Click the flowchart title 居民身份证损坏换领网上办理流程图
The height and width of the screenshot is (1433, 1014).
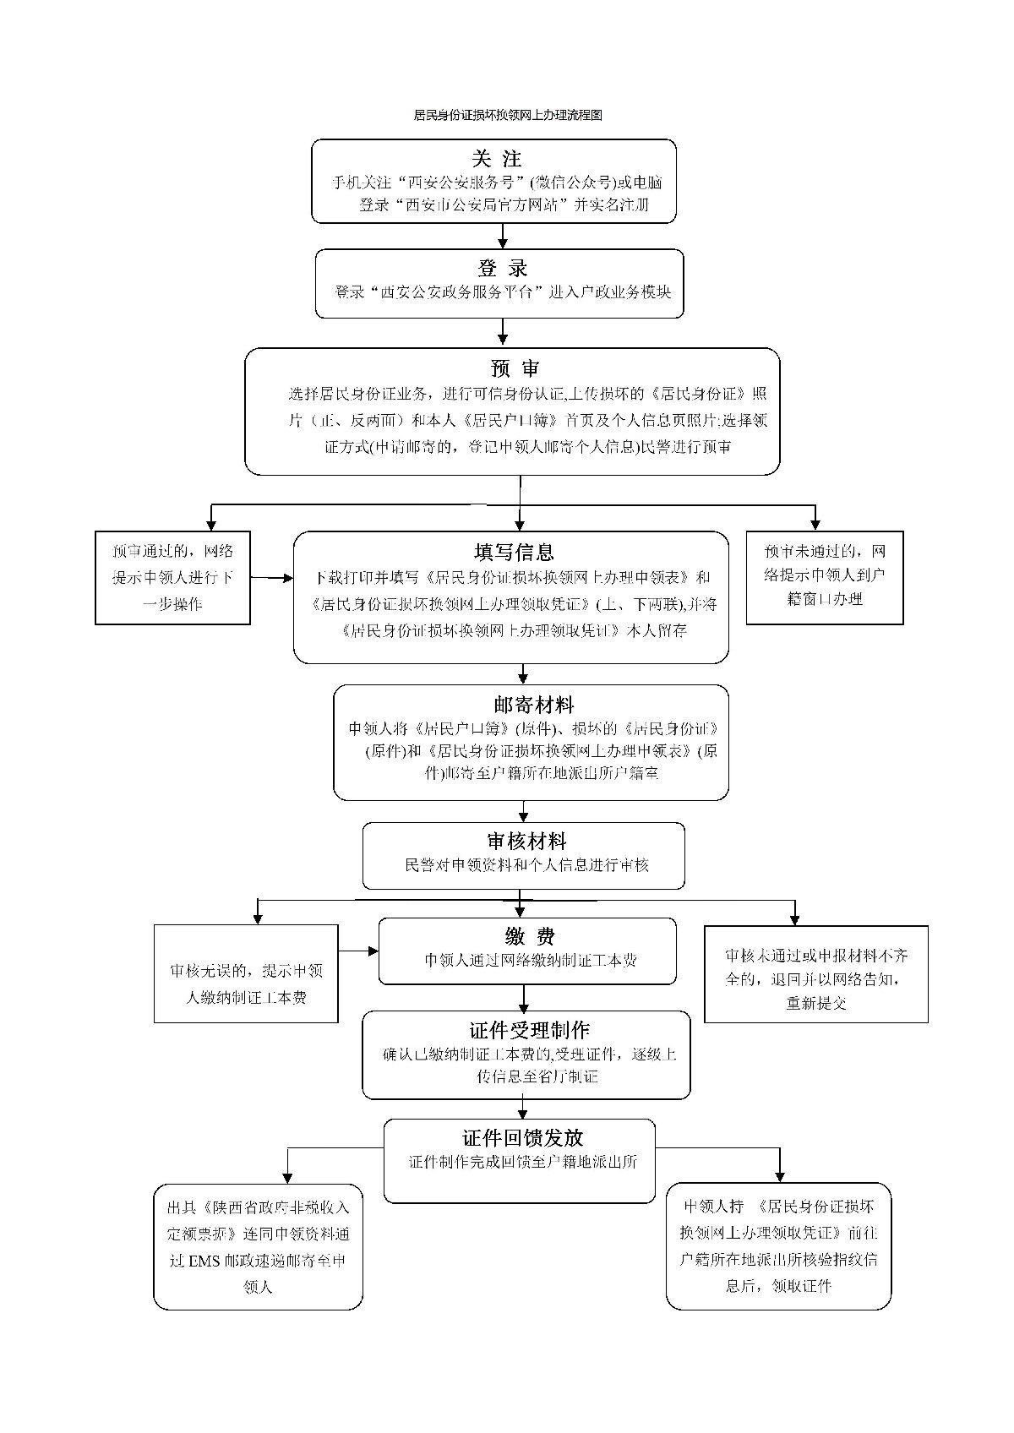coord(507,115)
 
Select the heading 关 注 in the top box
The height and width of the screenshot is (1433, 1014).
coord(497,159)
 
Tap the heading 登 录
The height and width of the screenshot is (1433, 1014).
coord(502,268)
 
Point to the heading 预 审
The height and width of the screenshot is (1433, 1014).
coord(514,368)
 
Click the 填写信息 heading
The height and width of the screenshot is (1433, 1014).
coord(514,553)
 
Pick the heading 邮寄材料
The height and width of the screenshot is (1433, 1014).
coord(533,705)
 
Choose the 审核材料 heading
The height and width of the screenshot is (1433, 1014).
coord(526,842)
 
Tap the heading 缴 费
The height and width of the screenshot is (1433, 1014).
coord(525,936)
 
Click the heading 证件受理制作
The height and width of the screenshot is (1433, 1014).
coord(529,1030)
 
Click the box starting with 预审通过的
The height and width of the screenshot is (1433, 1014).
coord(172,578)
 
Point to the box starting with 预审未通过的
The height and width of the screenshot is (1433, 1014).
coord(825,577)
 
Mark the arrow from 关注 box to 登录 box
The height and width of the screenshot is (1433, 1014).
coord(504,236)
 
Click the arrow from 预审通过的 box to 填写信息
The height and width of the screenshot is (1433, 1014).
coord(271,579)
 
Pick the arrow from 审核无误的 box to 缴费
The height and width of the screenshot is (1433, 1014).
coord(358,951)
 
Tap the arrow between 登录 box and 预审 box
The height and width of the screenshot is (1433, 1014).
coord(504,332)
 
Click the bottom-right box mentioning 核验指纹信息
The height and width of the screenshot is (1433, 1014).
coord(778,1245)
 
